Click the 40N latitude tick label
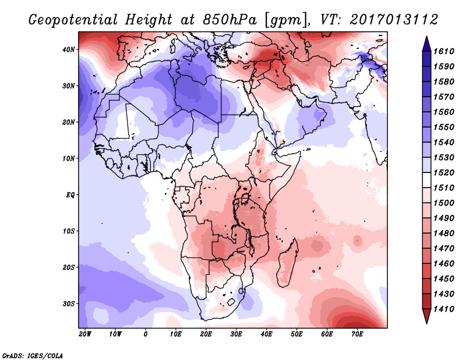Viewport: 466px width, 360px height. (x=69, y=50)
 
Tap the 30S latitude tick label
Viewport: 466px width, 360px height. (x=69, y=303)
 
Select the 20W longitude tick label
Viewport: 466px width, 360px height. (x=84, y=334)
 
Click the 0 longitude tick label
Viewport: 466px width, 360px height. (x=145, y=334)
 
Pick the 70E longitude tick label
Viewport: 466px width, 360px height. (x=358, y=334)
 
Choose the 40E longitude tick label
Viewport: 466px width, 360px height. (x=267, y=334)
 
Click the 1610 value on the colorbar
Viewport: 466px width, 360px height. (x=446, y=51)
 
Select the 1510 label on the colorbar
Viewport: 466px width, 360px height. (x=446, y=187)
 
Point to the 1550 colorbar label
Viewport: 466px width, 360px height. (x=446, y=126)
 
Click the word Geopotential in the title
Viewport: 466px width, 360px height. (x=76, y=20)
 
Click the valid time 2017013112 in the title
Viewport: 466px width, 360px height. (x=393, y=20)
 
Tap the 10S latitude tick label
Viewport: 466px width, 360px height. (x=69, y=231)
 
